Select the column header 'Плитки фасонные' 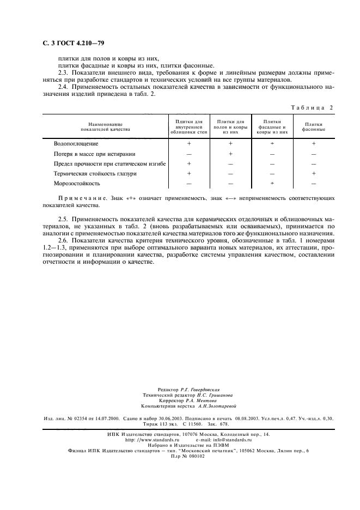314,126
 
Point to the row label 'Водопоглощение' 76,144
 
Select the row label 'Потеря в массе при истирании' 94,154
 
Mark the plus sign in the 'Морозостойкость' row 272,184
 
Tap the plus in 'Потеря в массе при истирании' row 230,154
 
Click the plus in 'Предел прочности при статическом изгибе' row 189,163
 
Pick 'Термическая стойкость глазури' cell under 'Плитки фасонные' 314,174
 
